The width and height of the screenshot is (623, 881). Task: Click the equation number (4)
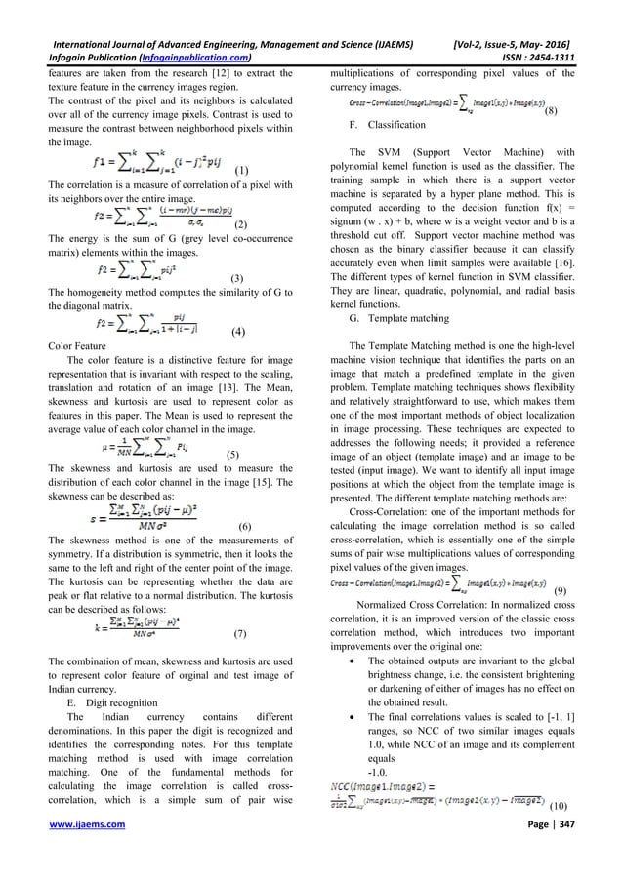click(x=237, y=333)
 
